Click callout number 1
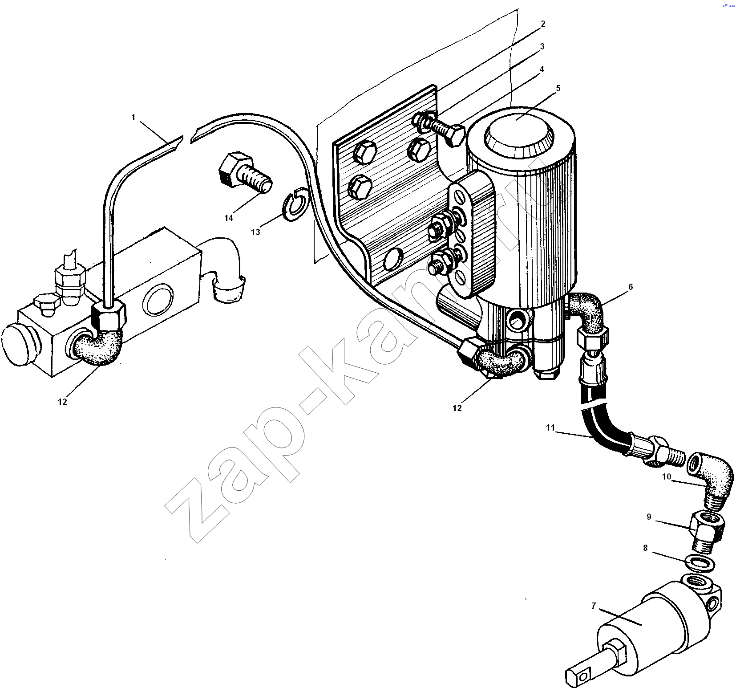133,117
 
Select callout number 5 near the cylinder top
558,88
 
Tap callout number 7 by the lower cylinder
594,606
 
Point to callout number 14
228,218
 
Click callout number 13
255,232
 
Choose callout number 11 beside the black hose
550,427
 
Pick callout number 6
631,287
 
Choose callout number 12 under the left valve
62,401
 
